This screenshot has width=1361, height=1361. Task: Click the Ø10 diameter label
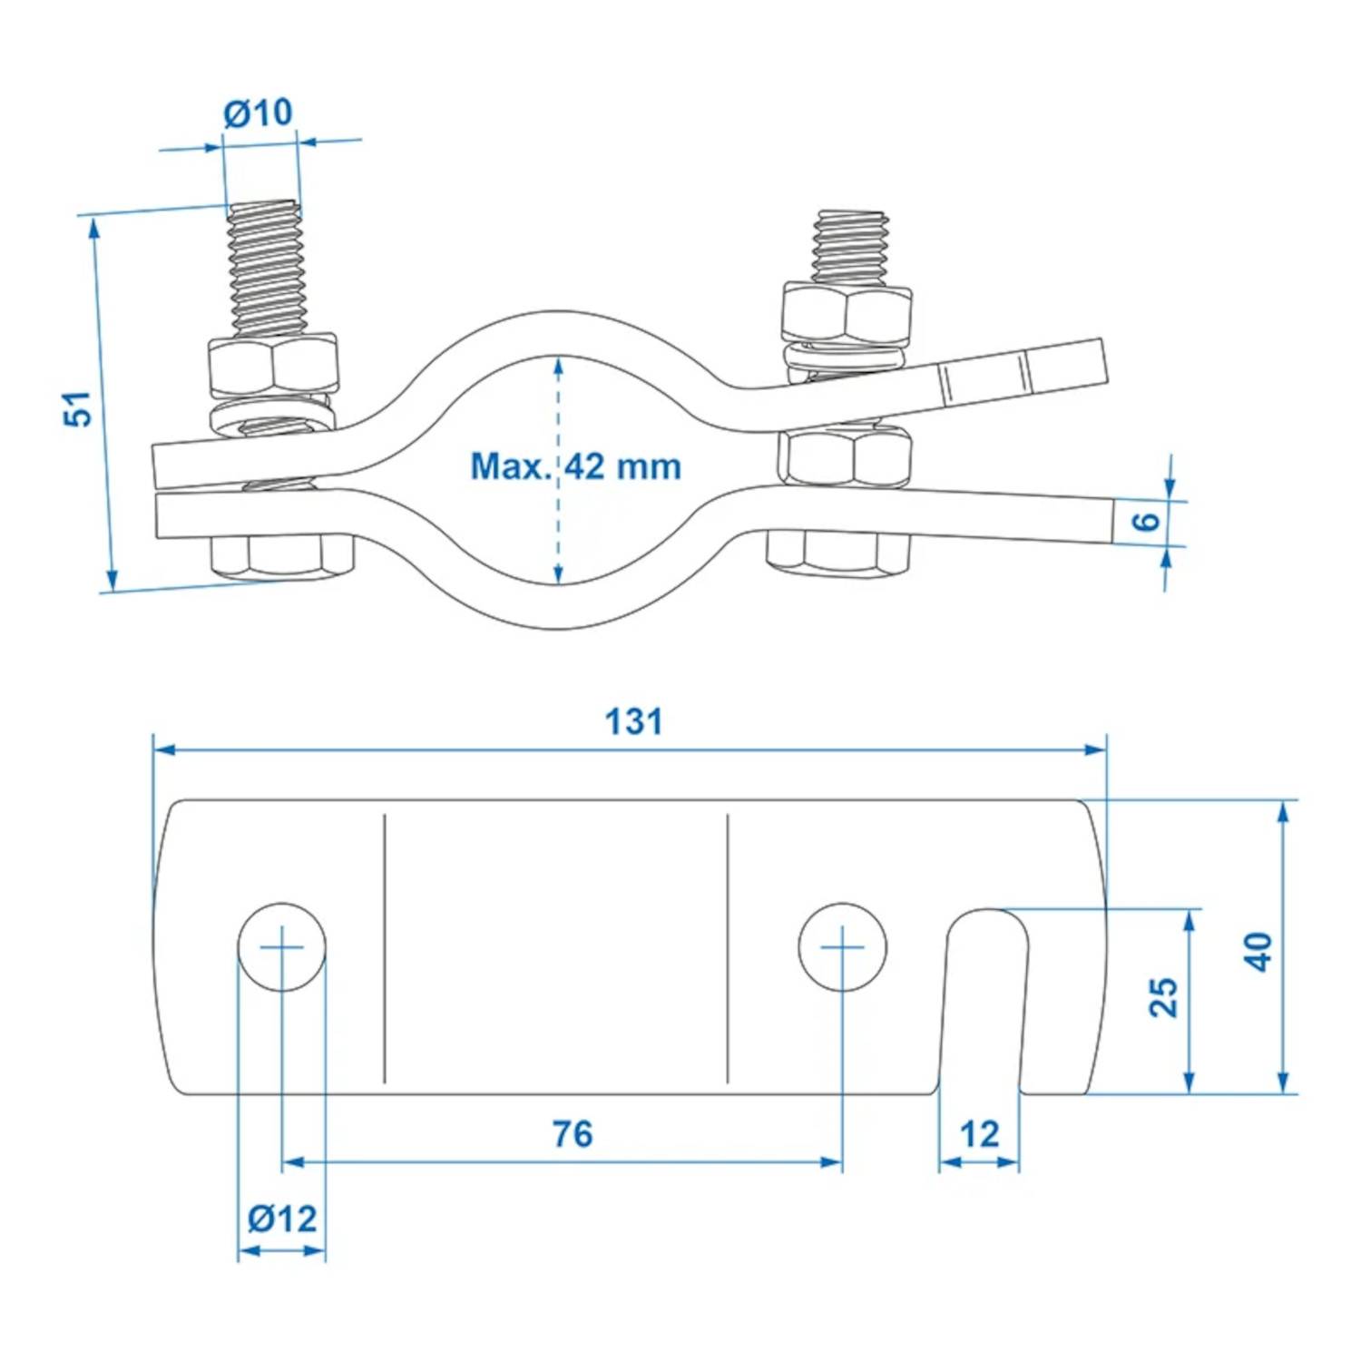click(258, 113)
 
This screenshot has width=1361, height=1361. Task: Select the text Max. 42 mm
click(575, 466)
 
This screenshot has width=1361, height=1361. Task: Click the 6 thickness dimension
click(1147, 521)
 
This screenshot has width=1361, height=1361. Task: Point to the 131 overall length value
click(633, 722)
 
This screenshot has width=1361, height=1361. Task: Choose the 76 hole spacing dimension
click(572, 1134)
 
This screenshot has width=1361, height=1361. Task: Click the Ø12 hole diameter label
click(282, 1218)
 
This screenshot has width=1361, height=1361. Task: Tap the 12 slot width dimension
click(979, 1134)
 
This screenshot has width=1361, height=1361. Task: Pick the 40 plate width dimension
click(1259, 951)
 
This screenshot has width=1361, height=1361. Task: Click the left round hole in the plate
click(282, 947)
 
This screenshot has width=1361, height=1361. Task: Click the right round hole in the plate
click(842, 947)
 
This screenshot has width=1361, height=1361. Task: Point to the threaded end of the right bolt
click(849, 245)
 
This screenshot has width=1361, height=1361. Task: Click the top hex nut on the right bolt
click(846, 313)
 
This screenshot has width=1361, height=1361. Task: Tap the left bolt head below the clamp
click(281, 555)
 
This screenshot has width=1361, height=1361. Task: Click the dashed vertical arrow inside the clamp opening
click(558, 526)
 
